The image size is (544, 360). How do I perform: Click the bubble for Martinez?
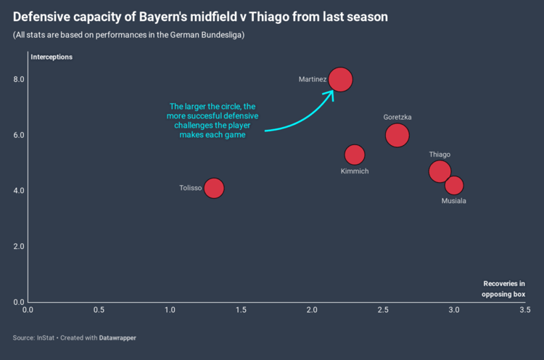340,80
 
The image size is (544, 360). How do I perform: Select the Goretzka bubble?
397,135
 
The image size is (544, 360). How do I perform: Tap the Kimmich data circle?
355,155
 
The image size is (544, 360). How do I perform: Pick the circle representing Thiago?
440,171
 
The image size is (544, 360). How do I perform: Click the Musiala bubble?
454,185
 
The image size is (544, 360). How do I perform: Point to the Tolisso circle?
213,188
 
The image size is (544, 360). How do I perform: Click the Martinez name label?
312,80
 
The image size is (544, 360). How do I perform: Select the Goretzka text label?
397,117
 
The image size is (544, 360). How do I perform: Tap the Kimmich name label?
355,171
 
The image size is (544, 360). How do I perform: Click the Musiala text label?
454,201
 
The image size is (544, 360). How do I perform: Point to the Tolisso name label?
190,188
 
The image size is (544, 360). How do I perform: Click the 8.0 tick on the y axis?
17,79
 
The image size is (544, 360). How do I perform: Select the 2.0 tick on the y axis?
17,246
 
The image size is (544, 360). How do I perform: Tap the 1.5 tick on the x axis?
241,310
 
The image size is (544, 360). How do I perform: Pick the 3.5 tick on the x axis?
524,310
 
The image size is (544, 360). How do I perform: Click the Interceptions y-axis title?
51,57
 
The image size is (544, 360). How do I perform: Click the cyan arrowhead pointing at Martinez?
330,93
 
